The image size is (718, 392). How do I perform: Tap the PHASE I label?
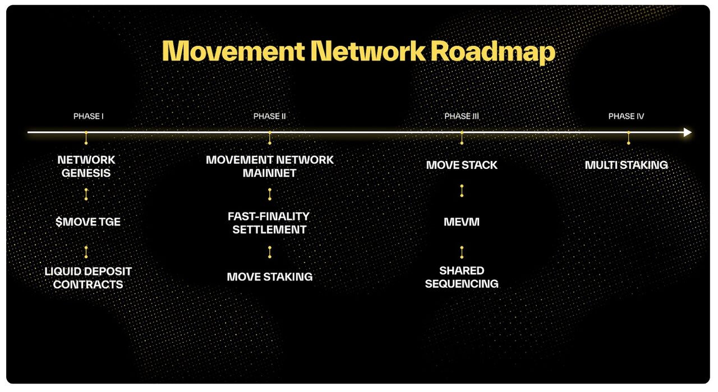click(x=89, y=117)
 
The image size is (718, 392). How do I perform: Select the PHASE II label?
click(x=269, y=117)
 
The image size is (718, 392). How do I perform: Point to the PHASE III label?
click(x=461, y=117)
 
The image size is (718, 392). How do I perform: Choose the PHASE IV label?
click(x=626, y=117)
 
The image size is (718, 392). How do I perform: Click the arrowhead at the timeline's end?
click(x=688, y=132)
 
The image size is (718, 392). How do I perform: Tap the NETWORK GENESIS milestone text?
click(x=86, y=167)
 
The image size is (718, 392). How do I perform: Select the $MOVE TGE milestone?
click(x=88, y=222)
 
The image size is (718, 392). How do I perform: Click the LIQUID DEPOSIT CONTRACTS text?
click(x=88, y=278)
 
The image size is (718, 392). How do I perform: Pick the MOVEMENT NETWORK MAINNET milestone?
click(x=269, y=167)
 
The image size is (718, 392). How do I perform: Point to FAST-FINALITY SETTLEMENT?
click(x=269, y=223)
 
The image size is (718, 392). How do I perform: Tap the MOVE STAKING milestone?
click(x=269, y=277)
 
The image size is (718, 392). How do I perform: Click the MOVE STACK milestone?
click(x=462, y=165)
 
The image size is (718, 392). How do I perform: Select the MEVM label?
click(x=462, y=222)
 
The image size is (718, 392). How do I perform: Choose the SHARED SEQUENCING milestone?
click(x=462, y=277)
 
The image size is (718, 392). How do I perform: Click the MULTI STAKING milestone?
click(x=626, y=165)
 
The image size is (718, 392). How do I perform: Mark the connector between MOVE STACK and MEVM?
click(x=462, y=191)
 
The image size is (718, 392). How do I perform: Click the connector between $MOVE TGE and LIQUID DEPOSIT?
click(x=86, y=252)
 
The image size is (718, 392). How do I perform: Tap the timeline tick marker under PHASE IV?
click(x=628, y=138)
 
